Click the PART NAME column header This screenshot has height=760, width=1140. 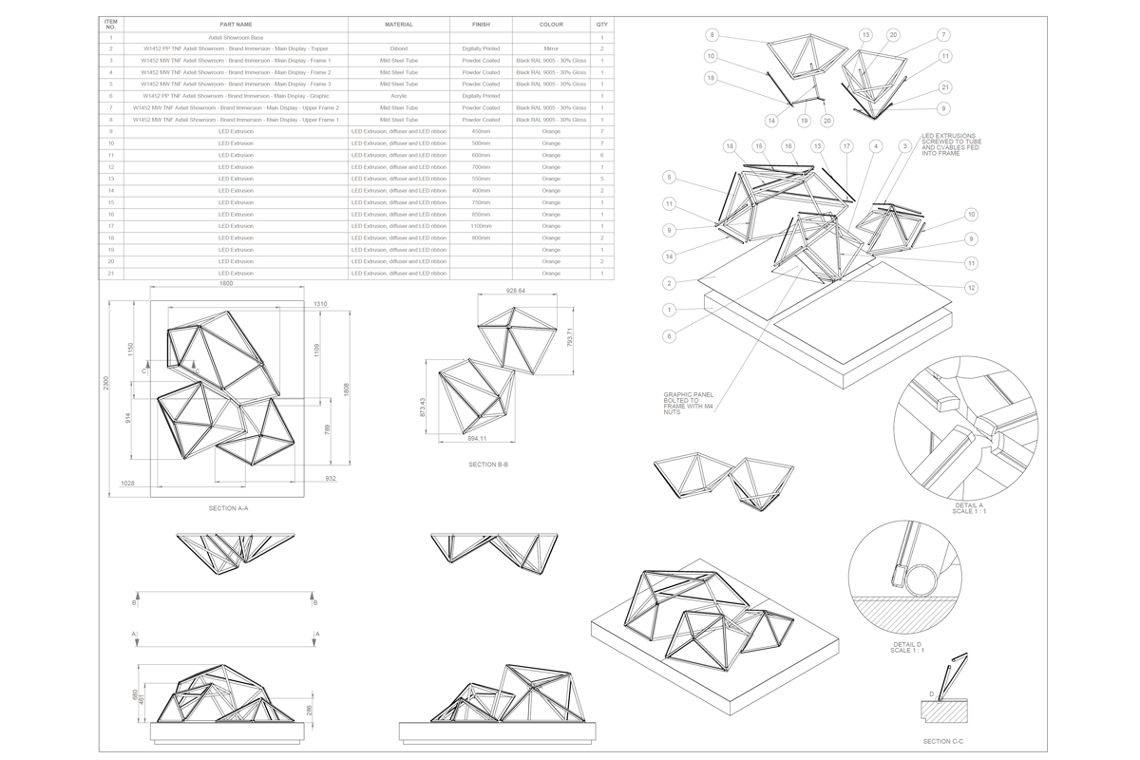click(234, 24)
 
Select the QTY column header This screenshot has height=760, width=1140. click(602, 24)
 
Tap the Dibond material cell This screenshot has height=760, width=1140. click(399, 47)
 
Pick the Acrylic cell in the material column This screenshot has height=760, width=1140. click(399, 95)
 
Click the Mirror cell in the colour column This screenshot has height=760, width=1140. click(551, 47)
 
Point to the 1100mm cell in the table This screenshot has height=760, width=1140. click(481, 225)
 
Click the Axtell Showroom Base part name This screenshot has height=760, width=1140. click(234, 36)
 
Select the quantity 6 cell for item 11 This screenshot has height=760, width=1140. click(602, 154)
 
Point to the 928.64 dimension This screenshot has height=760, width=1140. click(517, 291)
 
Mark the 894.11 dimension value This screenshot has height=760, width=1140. click(476, 439)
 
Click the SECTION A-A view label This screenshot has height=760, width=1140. click(228, 508)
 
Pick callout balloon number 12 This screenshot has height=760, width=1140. click(971, 287)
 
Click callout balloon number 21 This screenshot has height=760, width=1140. click(944, 87)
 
